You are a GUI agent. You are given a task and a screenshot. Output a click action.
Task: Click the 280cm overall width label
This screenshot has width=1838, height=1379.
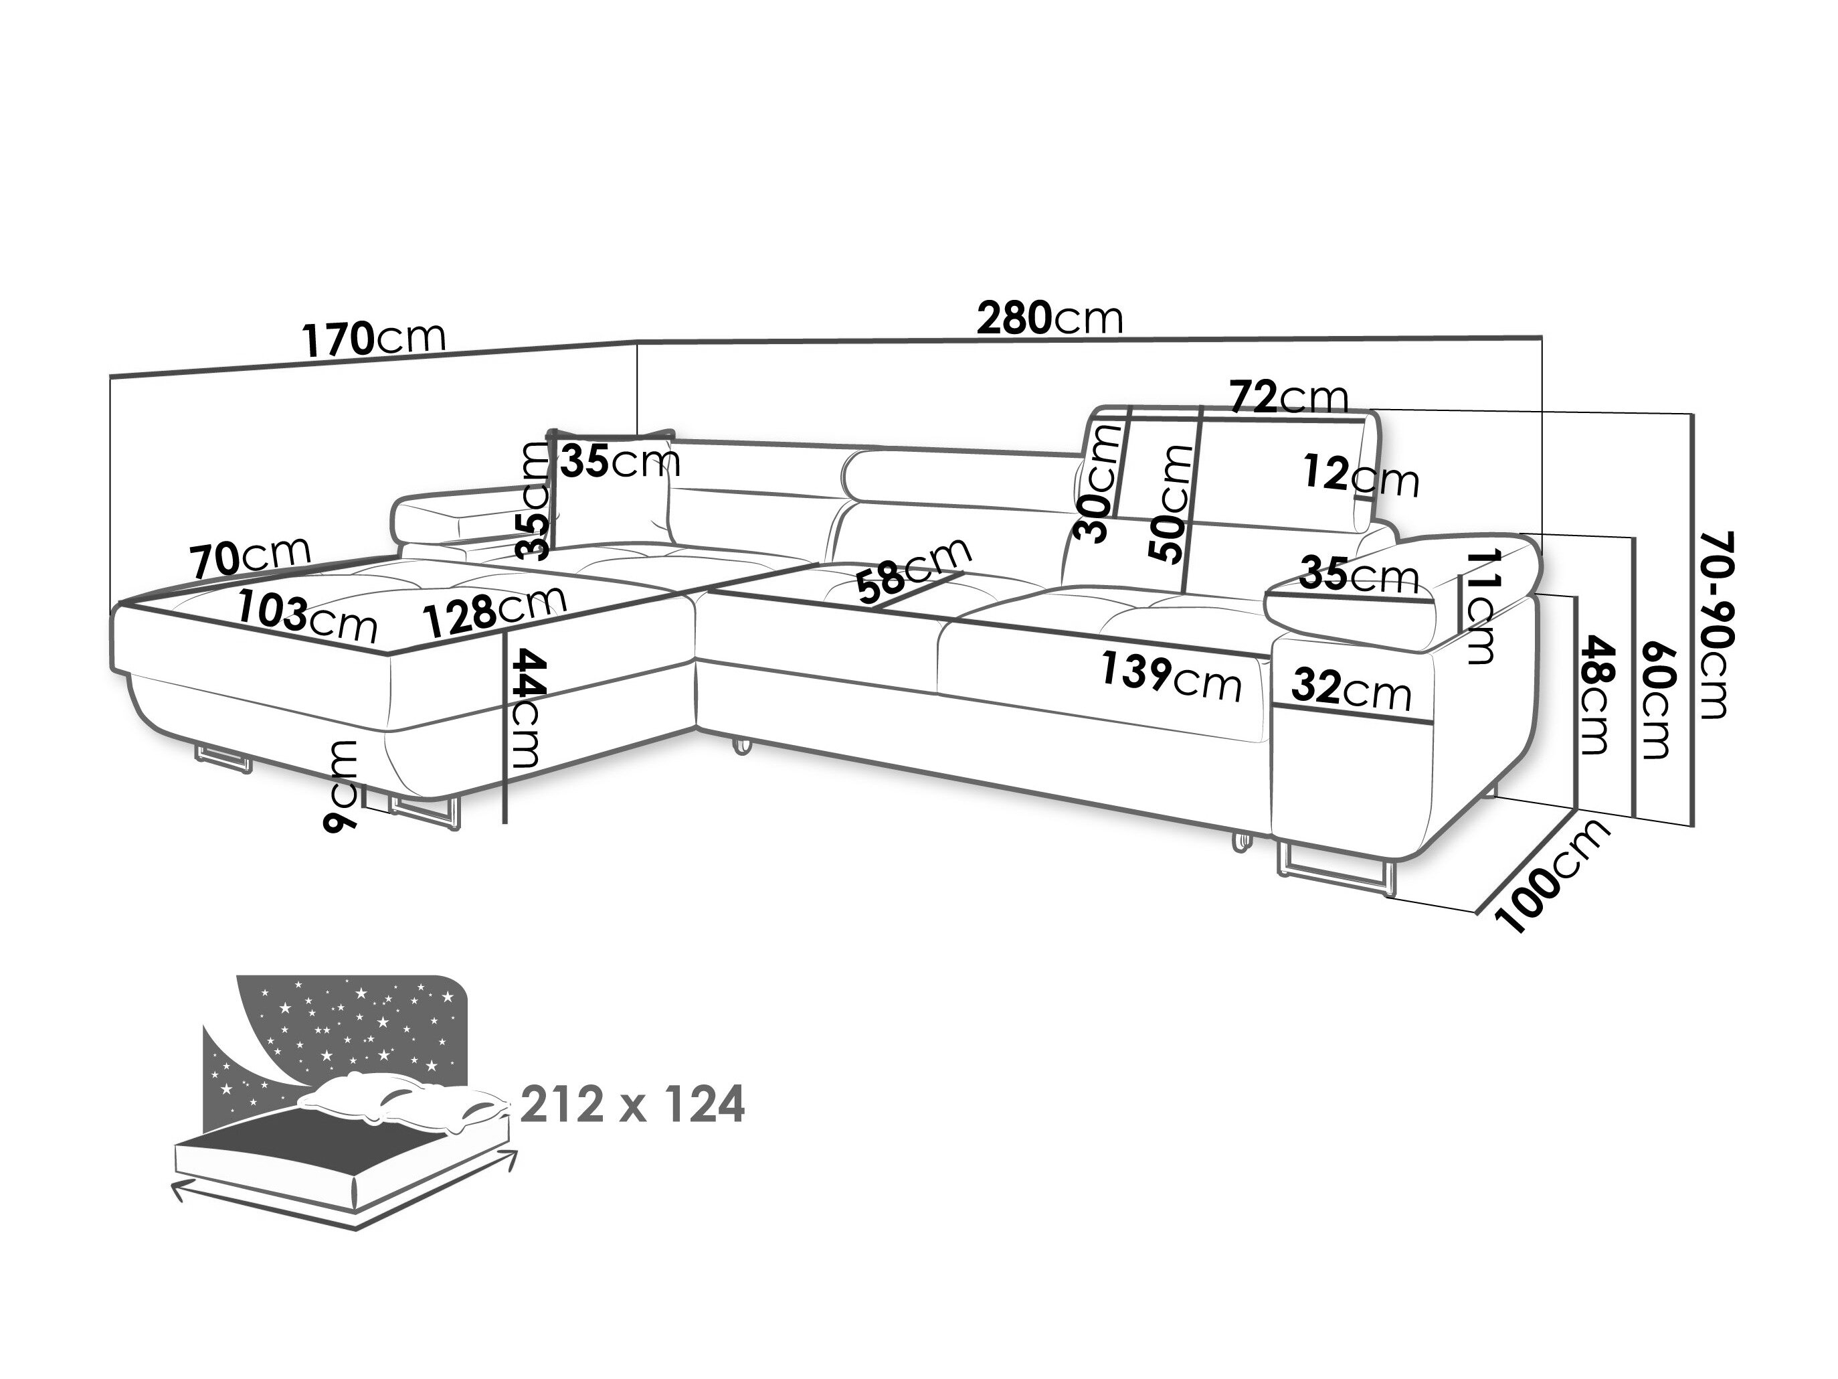click(1048, 319)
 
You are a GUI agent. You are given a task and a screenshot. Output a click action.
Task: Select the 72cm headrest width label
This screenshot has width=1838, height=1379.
click(1288, 398)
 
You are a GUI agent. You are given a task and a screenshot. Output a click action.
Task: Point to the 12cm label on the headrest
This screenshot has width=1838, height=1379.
click(1360, 477)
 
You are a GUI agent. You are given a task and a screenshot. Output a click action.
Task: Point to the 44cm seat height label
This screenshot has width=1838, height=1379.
click(526, 708)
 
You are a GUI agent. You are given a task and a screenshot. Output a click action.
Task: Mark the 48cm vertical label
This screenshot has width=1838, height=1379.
click(1596, 695)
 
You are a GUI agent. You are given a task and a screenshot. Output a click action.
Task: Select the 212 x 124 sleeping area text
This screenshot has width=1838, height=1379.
click(632, 1105)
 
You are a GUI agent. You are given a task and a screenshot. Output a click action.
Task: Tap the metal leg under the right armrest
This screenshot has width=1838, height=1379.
click(1334, 870)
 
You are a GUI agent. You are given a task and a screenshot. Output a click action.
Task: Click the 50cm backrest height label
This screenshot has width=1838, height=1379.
click(1169, 503)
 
